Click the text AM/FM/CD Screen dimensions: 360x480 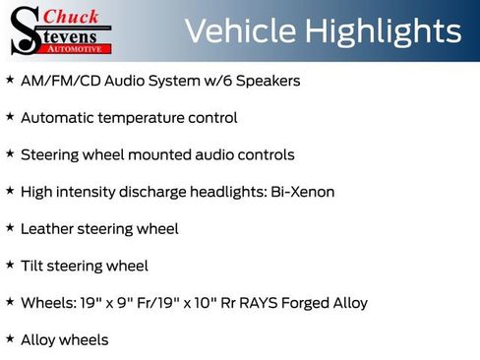[x=55, y=80]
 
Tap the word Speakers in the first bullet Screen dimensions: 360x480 [x=269, y=80]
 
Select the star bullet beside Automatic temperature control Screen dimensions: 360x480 [x=10, y=116]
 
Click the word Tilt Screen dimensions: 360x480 [x=33, y=266]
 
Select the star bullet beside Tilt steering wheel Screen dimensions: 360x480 [x=10, y=265]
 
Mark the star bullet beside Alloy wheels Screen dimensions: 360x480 [x=10, y=338]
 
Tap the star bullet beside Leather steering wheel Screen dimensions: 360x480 [x=10, y=227]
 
